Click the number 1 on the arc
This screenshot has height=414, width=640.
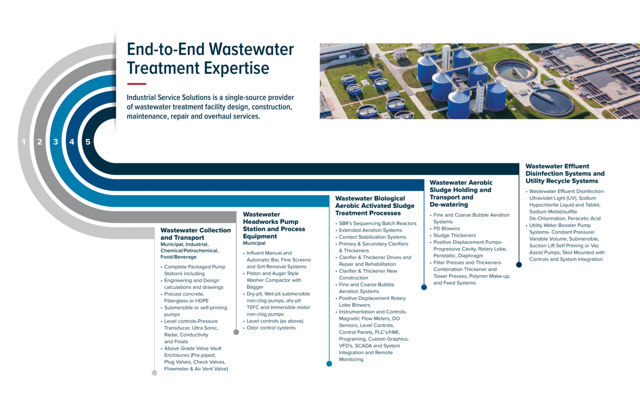point(24,142)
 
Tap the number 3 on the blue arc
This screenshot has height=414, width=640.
point(55,142)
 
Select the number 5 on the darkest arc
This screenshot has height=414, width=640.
point(88,142)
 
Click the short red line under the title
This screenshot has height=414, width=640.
point(137,84)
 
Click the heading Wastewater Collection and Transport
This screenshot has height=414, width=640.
point(195,234)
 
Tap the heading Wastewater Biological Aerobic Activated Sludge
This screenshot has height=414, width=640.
point(375,206)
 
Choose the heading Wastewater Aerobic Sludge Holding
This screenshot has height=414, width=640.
point(461,194)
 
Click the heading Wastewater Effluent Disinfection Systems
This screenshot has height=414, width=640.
point(564,174)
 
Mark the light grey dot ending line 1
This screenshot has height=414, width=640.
point(154,373)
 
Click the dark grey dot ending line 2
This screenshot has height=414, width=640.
point(236,332)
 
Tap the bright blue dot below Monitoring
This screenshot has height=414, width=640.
point(329,364)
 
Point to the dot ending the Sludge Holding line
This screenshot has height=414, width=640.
point(424,287)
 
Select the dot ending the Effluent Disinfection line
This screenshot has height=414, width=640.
point(519,265)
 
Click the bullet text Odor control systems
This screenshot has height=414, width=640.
point(271,328)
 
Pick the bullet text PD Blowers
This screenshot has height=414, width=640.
point(446,229)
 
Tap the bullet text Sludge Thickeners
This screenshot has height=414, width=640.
point(454,235)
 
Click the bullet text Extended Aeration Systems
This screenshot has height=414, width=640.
point(370,230)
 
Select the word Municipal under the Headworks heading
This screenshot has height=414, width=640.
point(254,243)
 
